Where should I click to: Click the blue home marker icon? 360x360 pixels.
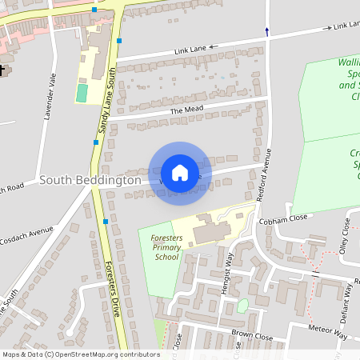pyautogui.click(x=180, y=173)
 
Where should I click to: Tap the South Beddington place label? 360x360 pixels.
pyautogui.click(x=90, y=181)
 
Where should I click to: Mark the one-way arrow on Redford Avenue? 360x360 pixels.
pyautogui.click(x=266, y=31)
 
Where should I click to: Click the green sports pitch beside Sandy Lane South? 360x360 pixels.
pyautogui.click(x=82, y=93)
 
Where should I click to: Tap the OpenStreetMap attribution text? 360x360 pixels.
pyautogui.click(x=80, y=354)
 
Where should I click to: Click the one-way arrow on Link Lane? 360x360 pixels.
pyautogui.click(x=328, y=27)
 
